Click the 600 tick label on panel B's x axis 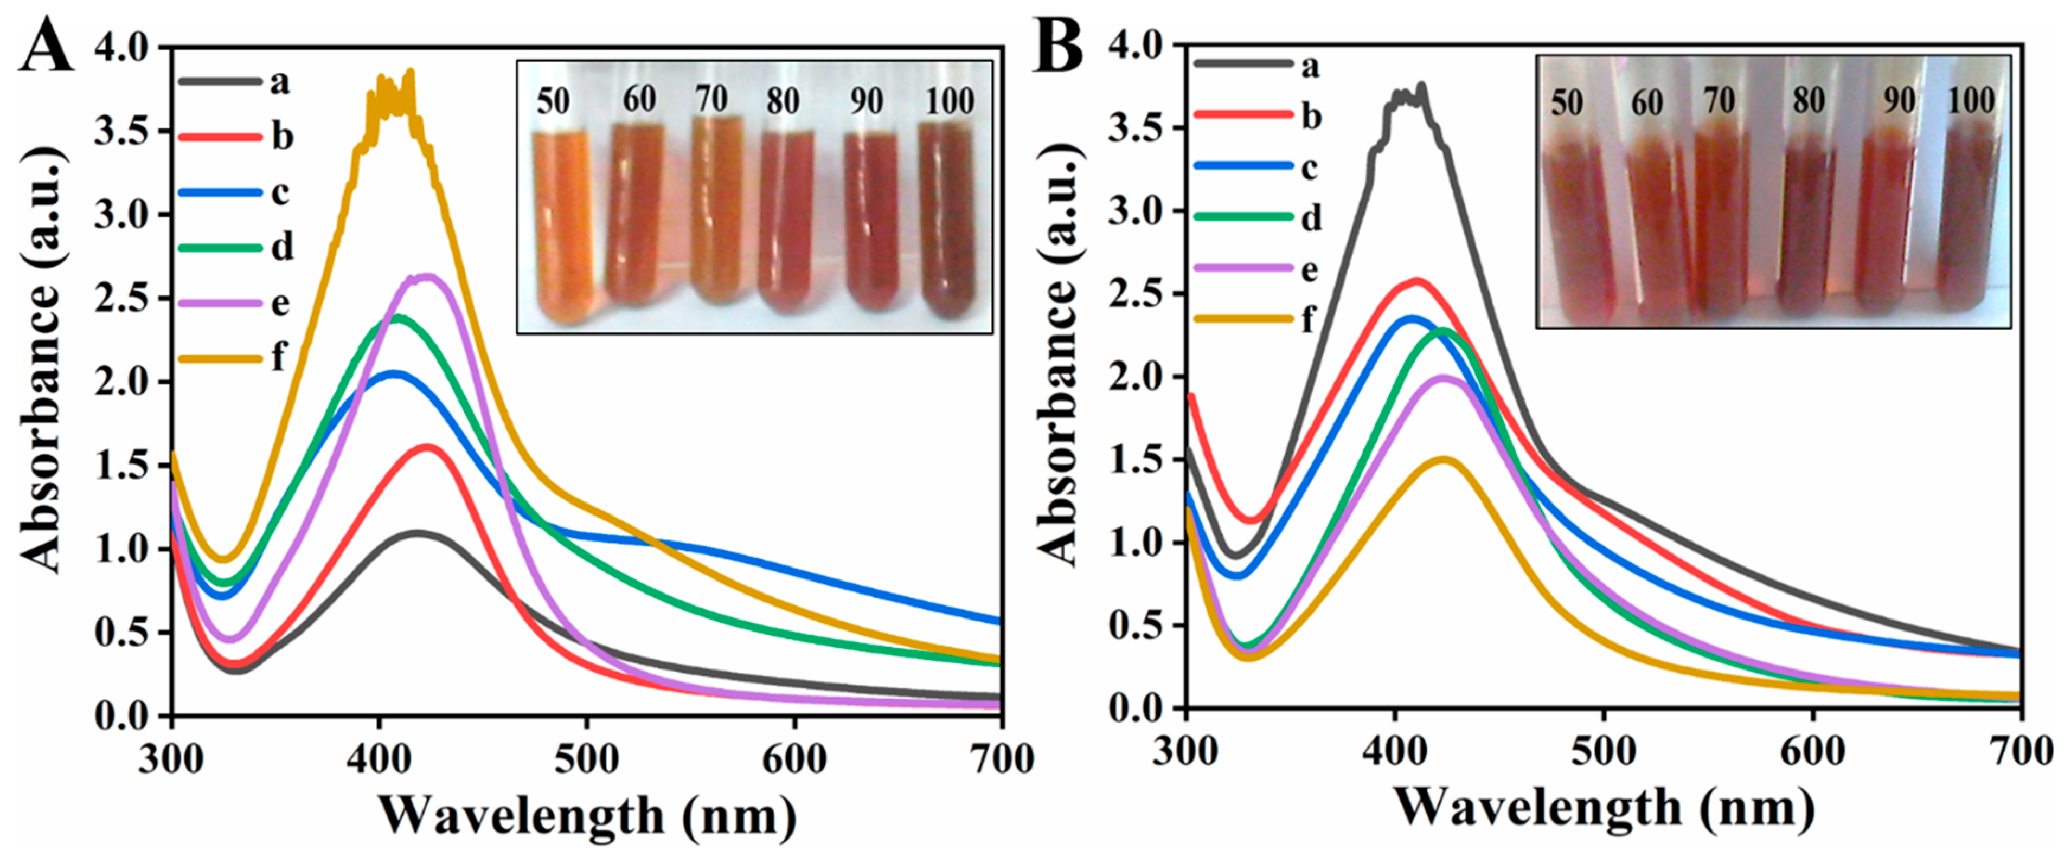point(1812,752)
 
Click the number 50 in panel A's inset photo point(553,102)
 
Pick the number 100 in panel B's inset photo point(1971,101)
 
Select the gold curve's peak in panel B point(1445,460)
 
